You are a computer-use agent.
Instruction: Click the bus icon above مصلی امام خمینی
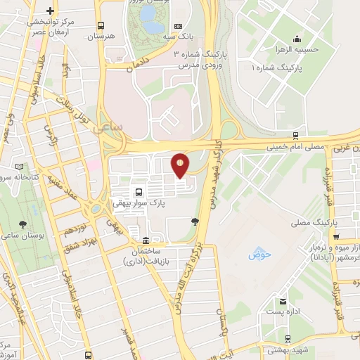point(295,136)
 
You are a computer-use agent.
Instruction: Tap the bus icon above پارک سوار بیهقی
point(139,191)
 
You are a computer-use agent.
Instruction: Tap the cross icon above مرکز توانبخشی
point(49,12)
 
